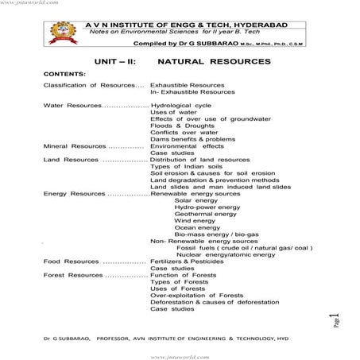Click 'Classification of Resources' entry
[91, 84]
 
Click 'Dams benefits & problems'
[192, 139]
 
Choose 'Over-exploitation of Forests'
[196, 295]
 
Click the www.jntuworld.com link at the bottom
[180, 354]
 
